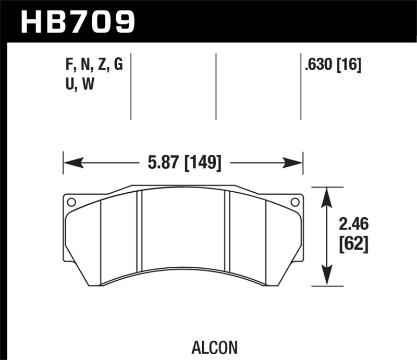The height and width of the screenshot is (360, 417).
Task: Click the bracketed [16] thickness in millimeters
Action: (350, 65)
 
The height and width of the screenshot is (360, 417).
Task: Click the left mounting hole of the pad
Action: (71, 202)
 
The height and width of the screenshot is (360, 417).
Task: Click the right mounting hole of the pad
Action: (295, 202)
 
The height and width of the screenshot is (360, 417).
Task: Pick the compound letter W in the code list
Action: (88, 84)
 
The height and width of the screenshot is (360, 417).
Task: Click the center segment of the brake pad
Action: (183, 232)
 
